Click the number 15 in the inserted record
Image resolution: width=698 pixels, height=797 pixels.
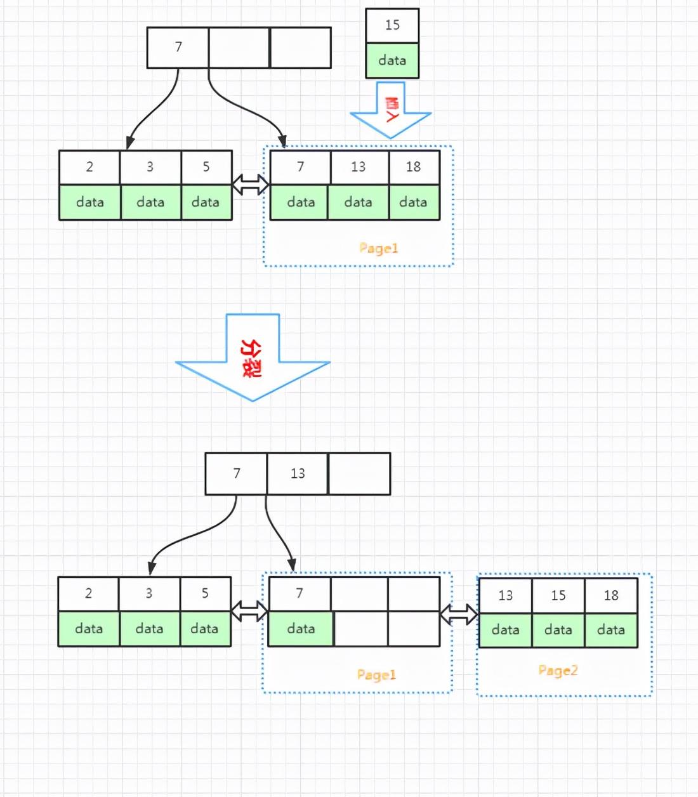coord(392,25)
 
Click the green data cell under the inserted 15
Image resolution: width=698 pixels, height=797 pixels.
coord(392,61)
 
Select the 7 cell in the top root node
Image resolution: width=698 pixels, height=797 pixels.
coord(178,47)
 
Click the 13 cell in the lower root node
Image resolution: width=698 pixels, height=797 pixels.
coord(298,473)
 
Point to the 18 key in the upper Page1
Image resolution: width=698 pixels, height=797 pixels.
coord(413,167)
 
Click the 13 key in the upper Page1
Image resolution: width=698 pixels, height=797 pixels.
coord(359,167)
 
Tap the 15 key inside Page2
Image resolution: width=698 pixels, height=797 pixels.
coord(558,595)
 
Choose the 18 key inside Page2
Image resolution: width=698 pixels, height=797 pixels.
coord(611,595)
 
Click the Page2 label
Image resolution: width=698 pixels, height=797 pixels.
coord(558,671)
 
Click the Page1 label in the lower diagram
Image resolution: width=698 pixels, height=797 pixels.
coord(376,675)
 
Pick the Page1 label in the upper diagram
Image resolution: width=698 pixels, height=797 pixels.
coord(378,248)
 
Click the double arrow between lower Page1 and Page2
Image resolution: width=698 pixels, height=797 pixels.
coord(459,614)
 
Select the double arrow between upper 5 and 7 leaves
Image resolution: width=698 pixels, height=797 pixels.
coord(251,185)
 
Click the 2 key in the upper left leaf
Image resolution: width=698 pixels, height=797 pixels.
coord(89,167)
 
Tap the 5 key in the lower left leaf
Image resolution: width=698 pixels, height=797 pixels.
coord(205,593)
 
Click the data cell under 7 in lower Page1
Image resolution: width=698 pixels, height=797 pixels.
coord(301,629)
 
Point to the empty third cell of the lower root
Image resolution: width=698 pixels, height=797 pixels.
coord(359,473)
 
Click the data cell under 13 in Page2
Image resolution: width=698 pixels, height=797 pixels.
coord(506,630)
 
